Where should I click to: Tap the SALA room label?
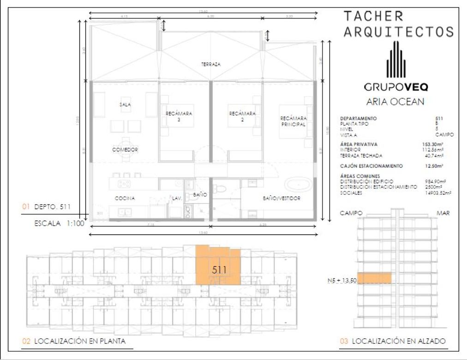tap(125, 105)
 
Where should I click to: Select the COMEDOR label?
tap(125, 150)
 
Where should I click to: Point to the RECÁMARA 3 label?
tap(179, 116)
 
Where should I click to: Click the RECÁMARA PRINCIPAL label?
tap(293, 121)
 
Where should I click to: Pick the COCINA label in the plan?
tap(125, 198)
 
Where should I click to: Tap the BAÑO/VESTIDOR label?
tap(281, 198)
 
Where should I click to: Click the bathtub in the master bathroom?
tap(297, 186)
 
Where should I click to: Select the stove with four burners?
tap(124, 184)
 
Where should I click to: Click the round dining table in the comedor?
tap(125, 141)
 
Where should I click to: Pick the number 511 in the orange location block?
tap(219, 270)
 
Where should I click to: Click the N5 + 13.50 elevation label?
tap(340, 280)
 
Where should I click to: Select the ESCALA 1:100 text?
tap(58, 224)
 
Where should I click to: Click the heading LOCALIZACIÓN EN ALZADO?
tap(399, 342)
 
